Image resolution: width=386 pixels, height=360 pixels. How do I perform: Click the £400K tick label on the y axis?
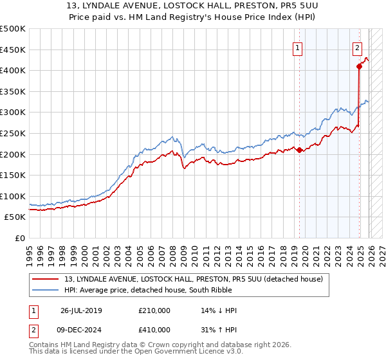point(14,70)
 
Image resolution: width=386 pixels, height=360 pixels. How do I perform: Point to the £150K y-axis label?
point(14,175)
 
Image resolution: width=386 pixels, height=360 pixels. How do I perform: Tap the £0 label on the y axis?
point(21,238)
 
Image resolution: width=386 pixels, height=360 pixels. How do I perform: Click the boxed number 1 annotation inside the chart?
point(299,47)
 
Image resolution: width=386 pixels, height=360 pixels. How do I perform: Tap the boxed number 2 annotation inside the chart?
point(357,47)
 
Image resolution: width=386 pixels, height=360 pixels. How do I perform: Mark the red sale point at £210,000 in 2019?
point(300,150)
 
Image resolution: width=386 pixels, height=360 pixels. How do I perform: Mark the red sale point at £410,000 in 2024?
point(359,66)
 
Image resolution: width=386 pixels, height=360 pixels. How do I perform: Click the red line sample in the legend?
point(46,278)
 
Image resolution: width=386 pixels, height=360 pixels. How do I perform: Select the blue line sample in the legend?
point(46,290)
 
